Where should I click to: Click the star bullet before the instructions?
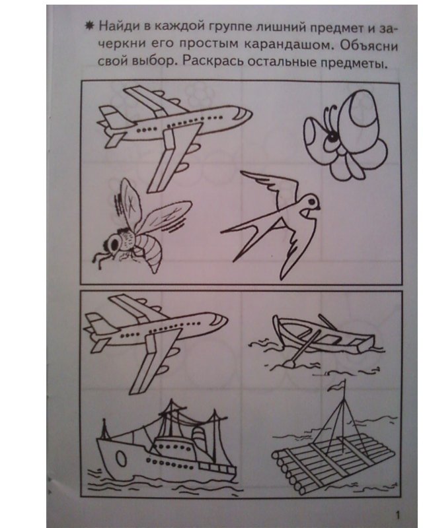89,26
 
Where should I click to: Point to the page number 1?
398,515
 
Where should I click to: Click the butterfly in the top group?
344,134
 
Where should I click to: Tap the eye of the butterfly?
332,137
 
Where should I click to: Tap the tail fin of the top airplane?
110,115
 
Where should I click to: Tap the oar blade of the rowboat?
289,363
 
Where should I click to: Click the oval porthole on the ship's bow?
120,459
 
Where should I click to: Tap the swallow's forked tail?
243,236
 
